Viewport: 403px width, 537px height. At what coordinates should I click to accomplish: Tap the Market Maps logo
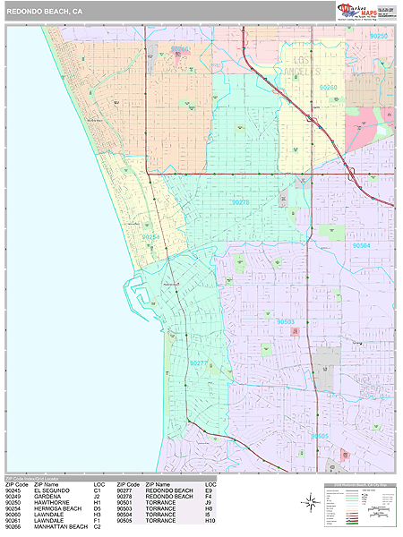(356, 11)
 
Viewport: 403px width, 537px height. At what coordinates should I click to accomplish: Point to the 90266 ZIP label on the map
(180, 49)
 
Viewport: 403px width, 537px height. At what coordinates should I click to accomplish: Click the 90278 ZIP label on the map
(240, 202)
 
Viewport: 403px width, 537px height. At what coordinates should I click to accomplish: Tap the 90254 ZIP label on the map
(150, 237)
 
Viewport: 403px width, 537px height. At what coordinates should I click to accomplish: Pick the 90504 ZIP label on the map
(361, 245)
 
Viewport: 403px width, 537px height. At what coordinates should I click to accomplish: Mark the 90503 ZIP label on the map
(286, 321)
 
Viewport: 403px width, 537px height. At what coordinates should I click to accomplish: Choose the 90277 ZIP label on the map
(199, 363)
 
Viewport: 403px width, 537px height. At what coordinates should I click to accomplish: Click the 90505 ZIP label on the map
(320, 436)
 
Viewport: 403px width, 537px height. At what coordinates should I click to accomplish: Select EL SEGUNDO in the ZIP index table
(51, 491)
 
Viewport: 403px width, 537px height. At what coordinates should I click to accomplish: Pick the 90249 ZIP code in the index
(13, 497)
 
